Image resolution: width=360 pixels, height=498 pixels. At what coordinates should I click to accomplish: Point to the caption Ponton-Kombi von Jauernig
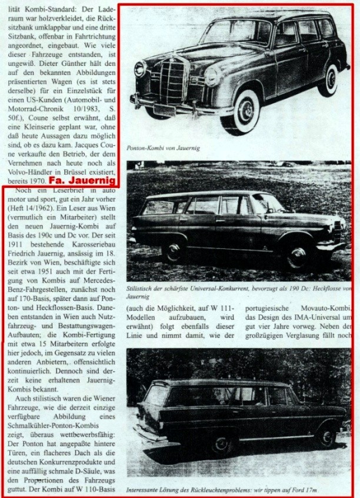click(x=162, y=149)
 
